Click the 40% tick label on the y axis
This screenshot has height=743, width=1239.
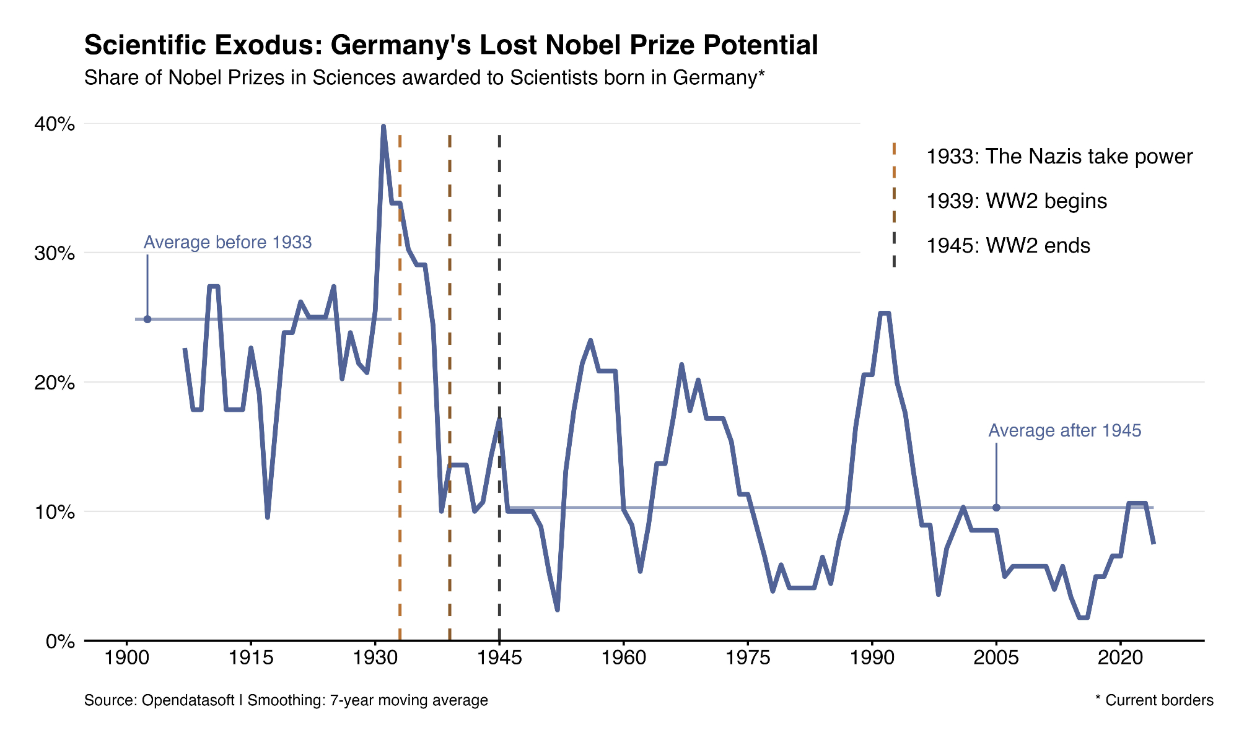[55, 124]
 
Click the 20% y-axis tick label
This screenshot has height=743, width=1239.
[55, 383]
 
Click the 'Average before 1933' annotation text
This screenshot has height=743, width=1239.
[227, 242]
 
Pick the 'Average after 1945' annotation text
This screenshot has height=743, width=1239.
[1064, 431]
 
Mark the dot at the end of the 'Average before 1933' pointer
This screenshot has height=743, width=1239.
[147, 319]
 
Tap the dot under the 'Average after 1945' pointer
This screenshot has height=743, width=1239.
[996, 508]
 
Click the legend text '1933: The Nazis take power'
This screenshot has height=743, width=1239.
[1059, 157]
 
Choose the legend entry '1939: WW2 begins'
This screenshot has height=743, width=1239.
[1016, 201]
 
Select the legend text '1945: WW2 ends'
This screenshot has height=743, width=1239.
[1008, 246]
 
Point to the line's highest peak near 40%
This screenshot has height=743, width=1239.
[383, 126]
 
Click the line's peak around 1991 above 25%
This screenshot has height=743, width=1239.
[885, 313]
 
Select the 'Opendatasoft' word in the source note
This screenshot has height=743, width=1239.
[188, 700]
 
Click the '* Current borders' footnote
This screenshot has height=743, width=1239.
[1154, 700]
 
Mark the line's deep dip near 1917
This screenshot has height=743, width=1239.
[267, 516]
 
